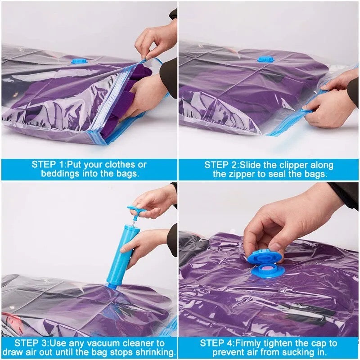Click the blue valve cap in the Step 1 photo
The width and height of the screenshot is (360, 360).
pos(79,60)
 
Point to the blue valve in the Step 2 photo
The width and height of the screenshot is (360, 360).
pos(265,59)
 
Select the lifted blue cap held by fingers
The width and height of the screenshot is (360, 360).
pos(264,257)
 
